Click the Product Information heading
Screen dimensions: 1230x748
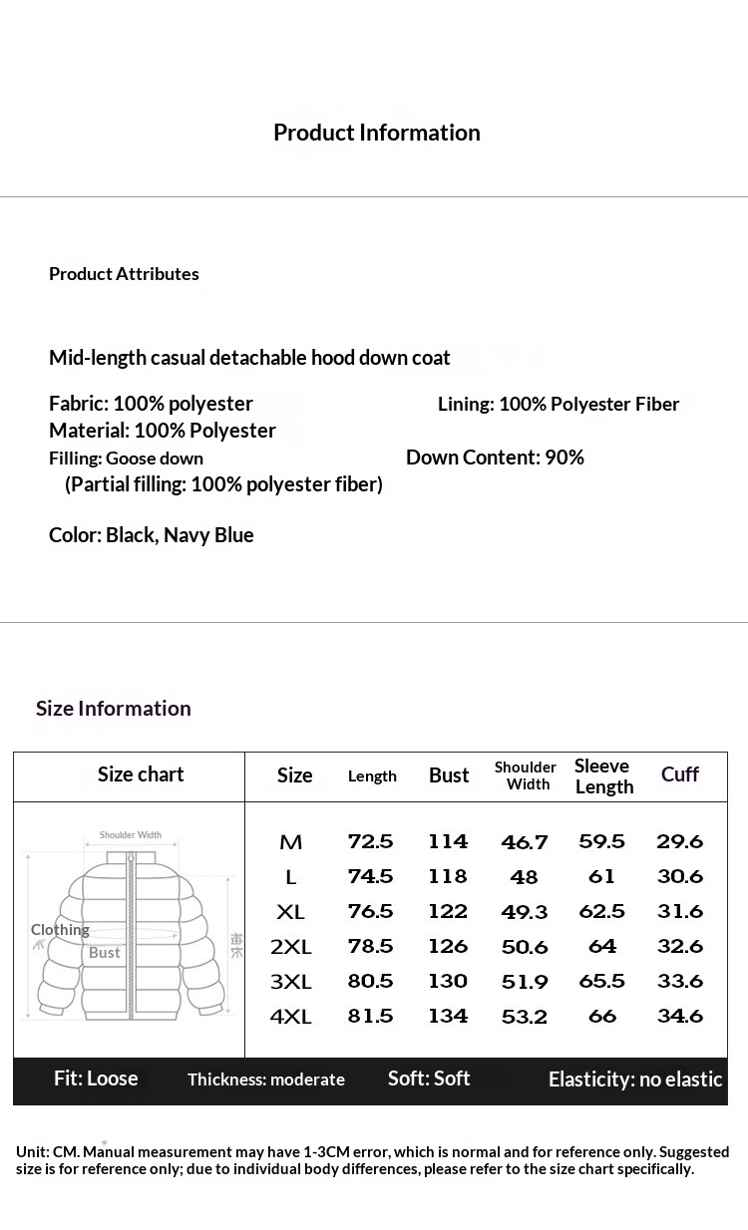click(376, 133)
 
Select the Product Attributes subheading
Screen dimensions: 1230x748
click(124, 274)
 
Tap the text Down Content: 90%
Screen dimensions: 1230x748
click(495, 458)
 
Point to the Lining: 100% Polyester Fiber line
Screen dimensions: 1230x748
click(559, 404)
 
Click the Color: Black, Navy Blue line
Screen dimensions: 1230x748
click(152, 535)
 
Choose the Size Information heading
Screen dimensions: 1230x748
click(114, 709)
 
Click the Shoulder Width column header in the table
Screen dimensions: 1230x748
click(526, 775)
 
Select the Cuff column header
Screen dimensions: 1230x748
click(680, 774)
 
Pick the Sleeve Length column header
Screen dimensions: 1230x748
click(603, 775)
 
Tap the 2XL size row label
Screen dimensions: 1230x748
click(291, 947)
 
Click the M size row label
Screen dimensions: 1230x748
click(291, 842)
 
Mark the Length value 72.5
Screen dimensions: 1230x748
click(370, 841)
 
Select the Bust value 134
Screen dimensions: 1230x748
click(448, 1016)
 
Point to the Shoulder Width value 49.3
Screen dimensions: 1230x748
click(525, 912)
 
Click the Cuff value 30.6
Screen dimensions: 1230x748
click(680, 876)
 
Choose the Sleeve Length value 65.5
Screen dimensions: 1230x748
click(602, 981)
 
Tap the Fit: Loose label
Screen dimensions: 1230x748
click(96, 1078)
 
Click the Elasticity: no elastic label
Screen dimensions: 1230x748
click(635, 1079)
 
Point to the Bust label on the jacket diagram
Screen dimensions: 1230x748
click(104, 953)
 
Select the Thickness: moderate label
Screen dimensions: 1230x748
click(266, 1079)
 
